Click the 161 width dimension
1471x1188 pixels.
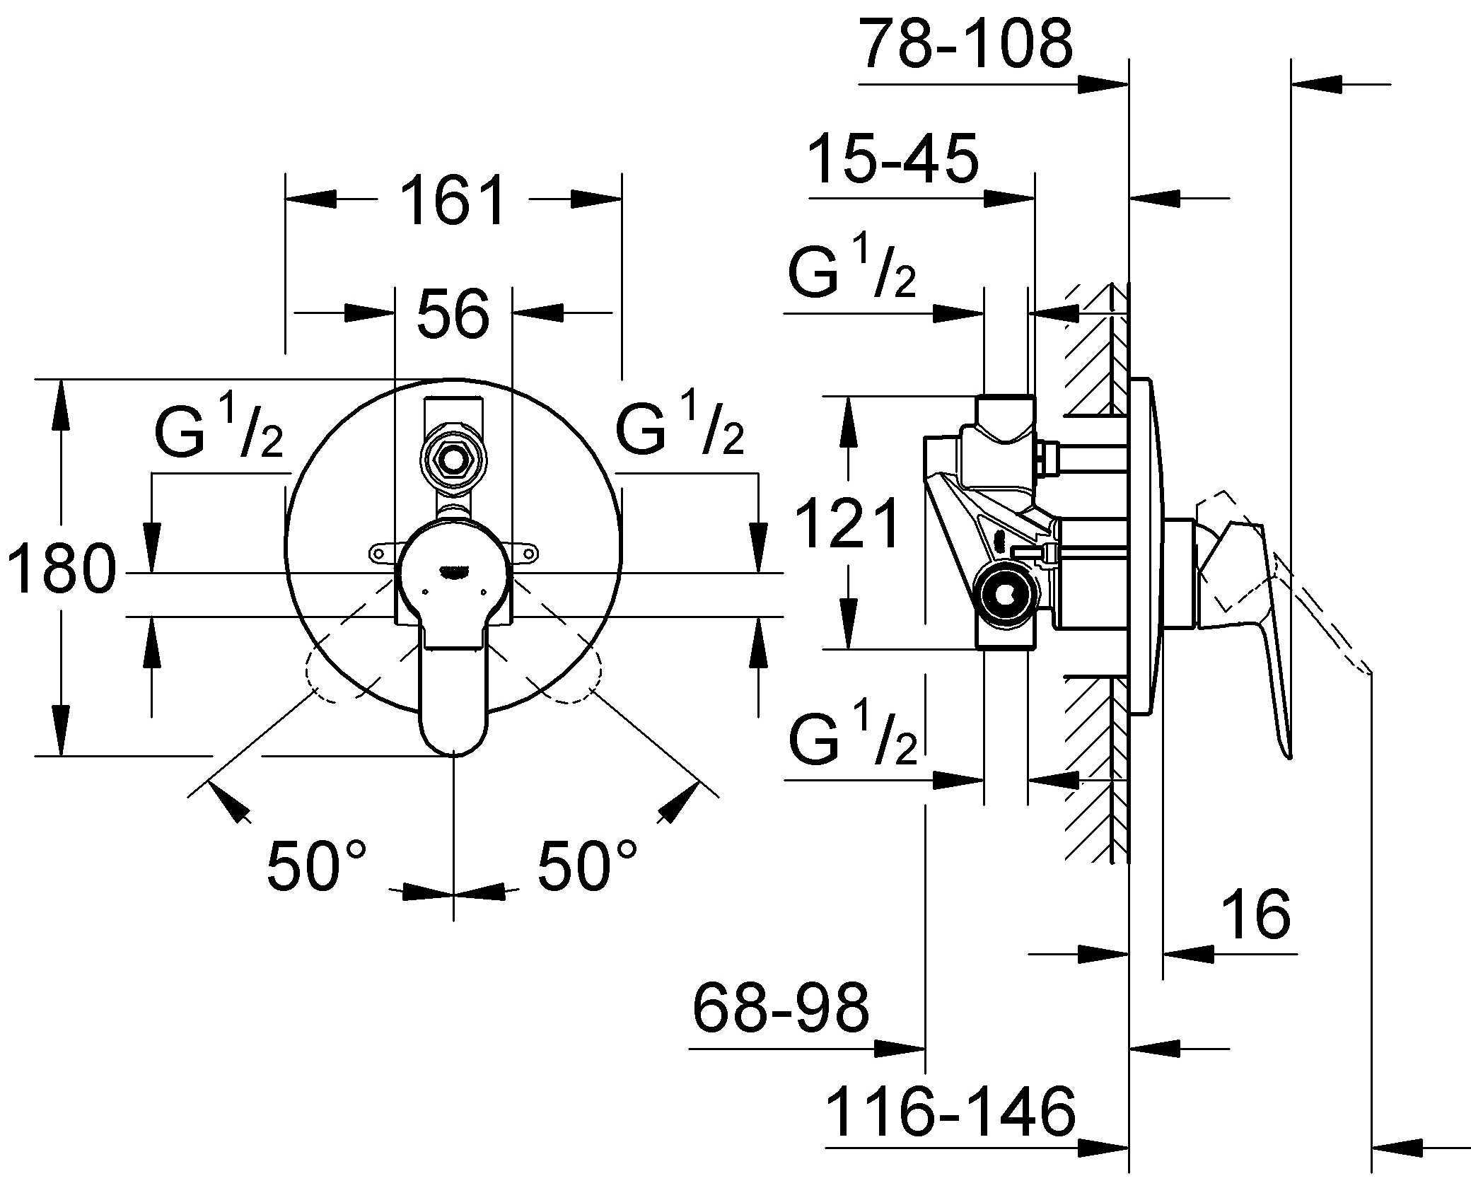tap(453, 200)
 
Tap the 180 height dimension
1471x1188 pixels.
tap(62, 568)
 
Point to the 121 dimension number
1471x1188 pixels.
tap(848, 524)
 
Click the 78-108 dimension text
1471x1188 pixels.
tap(966, 46)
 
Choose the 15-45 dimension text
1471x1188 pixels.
tap(893, 161)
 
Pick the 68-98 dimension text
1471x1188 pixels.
tap(781, 1007)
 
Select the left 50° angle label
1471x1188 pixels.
tap(316, 865)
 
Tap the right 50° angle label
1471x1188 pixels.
tap(587, 865)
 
